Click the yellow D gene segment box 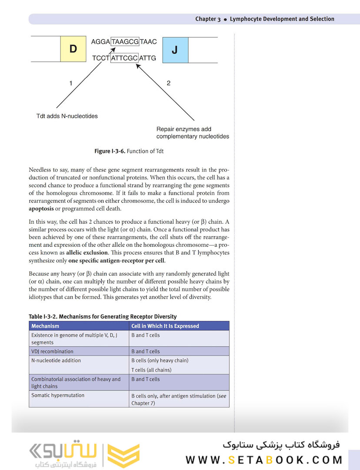click(x=73, y=49)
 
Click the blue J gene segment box click(x=175, y=50)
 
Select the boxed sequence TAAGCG click(x=125, y=42)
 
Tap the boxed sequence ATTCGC click(x=124, y=57)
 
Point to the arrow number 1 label click(x=71, y=83)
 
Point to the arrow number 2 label click(x=169, y=83)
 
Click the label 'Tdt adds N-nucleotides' click(x=67, y=116)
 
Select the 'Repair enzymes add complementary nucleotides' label click(x=192, y=133)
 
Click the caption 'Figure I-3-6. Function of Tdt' click(x=129, y=151)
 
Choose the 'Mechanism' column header click(x=45, y=326)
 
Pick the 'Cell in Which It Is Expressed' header click(x=165, y=326)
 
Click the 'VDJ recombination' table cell click(x=52, y=351)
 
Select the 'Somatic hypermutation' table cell click(x=58, y=395)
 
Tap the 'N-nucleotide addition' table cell click(x=56, y=360)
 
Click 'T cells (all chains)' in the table click(x=151, y=370)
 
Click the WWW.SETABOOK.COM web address click(x=264, y=460)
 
